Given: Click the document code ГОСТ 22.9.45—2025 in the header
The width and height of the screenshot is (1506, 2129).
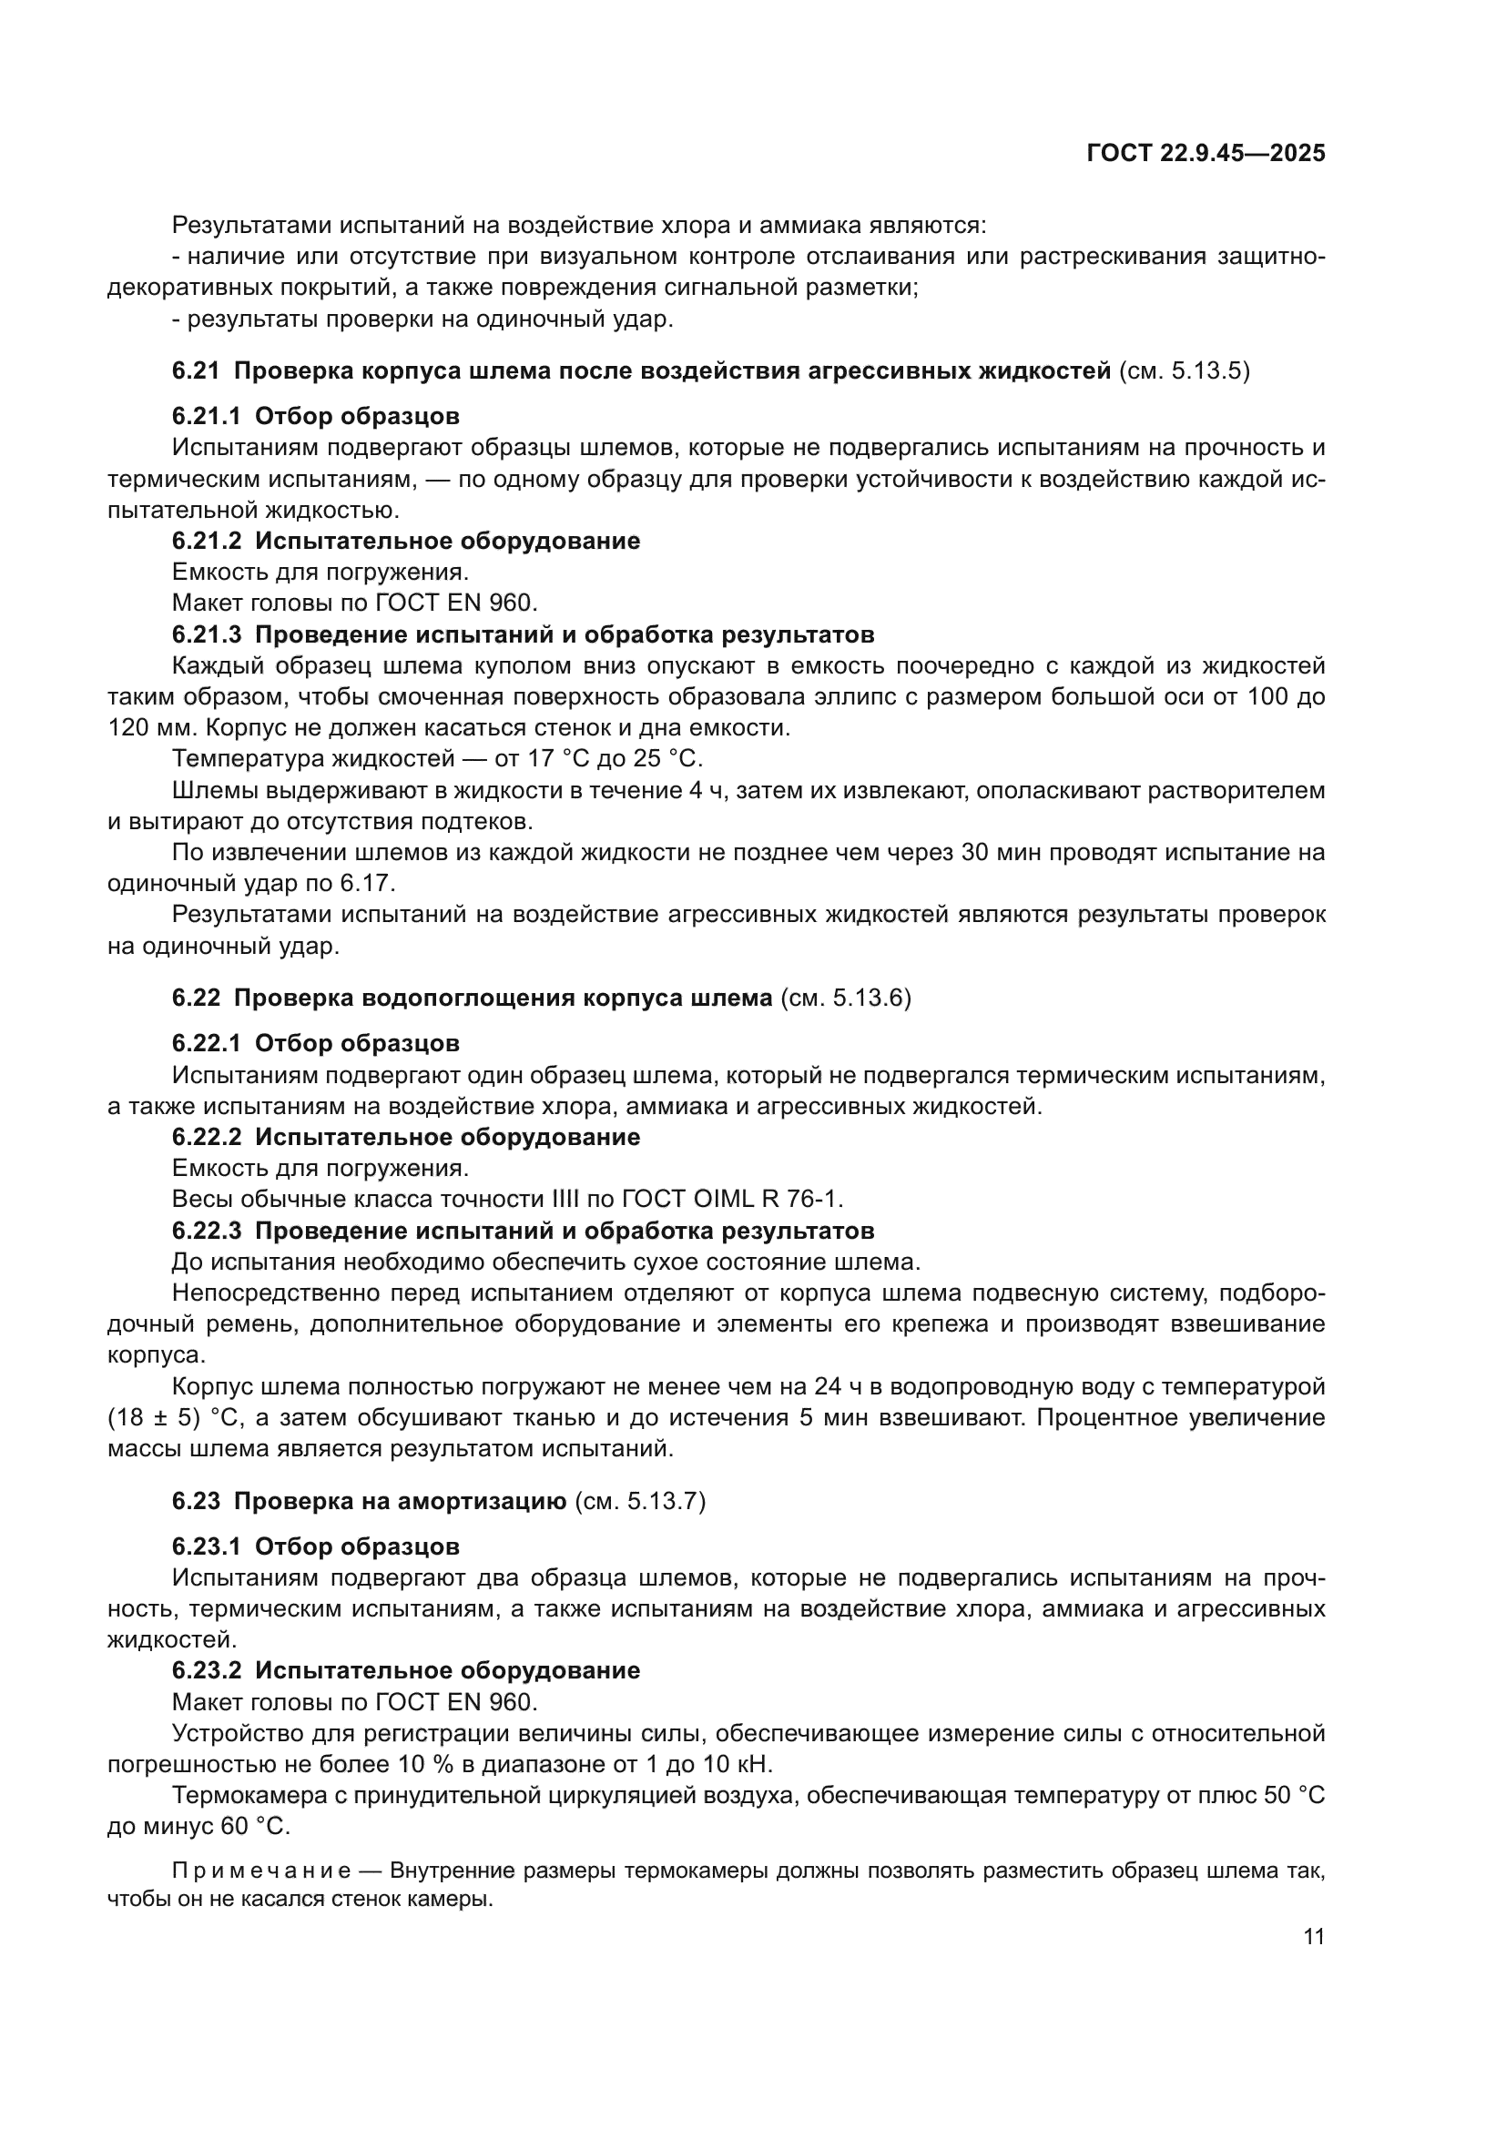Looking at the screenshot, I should [x=1205, y=154].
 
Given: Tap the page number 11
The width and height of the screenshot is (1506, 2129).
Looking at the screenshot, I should [x=1313, y=1936].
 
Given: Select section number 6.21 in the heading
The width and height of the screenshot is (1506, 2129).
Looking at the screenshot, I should [x=196, y=370].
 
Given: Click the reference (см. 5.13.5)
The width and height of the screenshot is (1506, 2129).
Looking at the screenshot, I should [x=1185, y=370].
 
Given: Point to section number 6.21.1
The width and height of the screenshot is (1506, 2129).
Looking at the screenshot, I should [x=206, y=416].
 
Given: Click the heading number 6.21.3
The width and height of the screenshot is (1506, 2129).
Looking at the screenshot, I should [x=206, y=635].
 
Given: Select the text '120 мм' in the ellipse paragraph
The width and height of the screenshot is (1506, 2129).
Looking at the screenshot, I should [x=139, y=728].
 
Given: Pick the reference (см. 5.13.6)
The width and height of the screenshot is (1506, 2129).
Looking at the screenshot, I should [x=846, y=999].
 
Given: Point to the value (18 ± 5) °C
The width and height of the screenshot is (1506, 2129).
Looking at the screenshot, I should [x=169, y=1418].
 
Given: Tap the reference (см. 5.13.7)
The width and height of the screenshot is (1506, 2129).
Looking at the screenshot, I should [x=640, y=1501].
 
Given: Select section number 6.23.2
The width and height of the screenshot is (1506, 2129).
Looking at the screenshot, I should [x=206, y=1670].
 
